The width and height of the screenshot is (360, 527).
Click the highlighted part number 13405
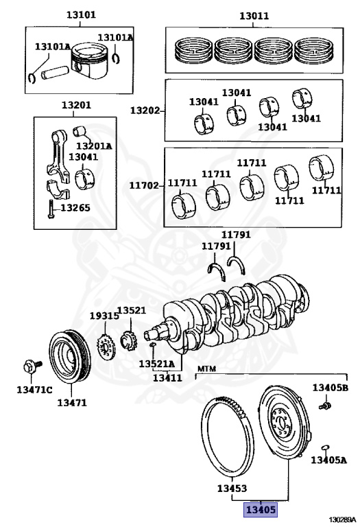click(x=261, y=510)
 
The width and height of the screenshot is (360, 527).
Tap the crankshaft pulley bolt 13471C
click(x=32, y=365)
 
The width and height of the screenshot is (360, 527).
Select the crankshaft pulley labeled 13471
click(x=70, y=357)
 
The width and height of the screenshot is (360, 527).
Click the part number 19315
click(x=104, y=316)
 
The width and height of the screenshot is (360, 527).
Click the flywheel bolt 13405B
click(x=325, y=406)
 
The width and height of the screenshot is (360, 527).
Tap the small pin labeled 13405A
click(x=325, y=447)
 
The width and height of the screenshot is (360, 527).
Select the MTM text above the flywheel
click(x=206, y=368)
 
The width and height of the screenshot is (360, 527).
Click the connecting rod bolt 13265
click(x=51, y=209)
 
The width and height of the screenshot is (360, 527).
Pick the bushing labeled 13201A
click(x=80, y=131)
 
